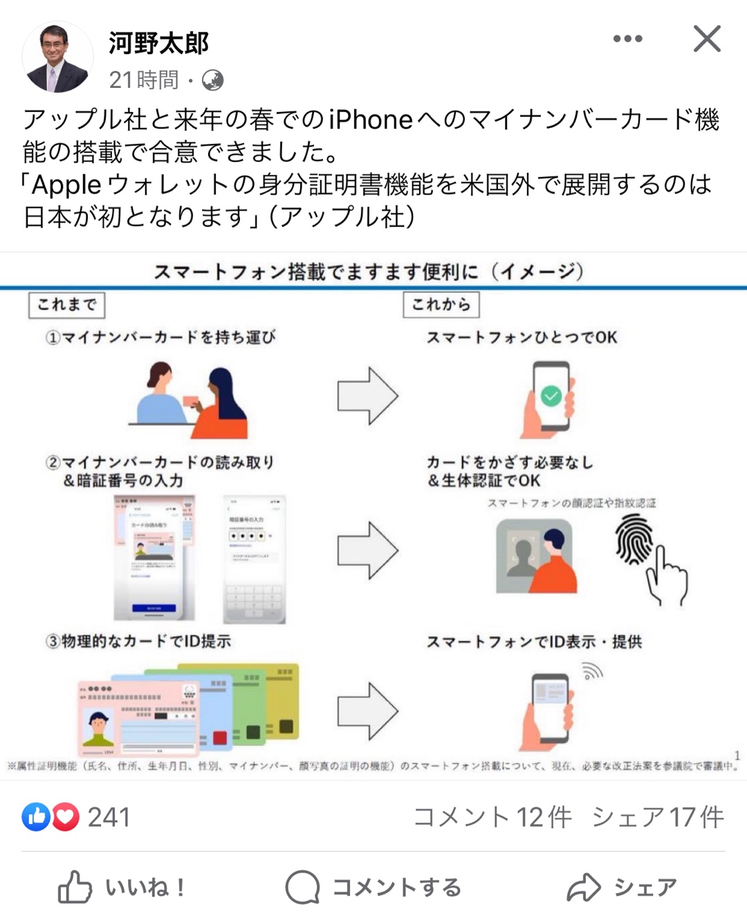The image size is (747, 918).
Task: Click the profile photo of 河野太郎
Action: click(58, 57)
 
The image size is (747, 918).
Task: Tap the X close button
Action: click(707, 39)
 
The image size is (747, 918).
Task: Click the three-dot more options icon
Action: click(627, 39)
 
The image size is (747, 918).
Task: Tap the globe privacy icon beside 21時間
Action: click(213, 81)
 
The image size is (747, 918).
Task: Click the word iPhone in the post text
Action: click(371, 120)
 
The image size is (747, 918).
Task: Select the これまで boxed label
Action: click(66, 304)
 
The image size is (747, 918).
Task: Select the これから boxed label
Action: click(441, 304)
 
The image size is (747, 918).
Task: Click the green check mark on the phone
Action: click(551, 396)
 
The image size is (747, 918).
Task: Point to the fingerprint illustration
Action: click(634, 540)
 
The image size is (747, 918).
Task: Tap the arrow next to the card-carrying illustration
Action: click(367, 396)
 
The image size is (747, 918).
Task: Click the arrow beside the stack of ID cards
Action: click(367, 711)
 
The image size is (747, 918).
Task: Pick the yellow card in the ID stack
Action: click(284, 699)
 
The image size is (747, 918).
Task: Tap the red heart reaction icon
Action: click(66, 817)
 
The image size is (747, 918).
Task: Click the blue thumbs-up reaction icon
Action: click(36, 817)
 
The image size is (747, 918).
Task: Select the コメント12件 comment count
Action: click(492, 817)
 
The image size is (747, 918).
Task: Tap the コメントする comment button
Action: click(373, 887)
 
